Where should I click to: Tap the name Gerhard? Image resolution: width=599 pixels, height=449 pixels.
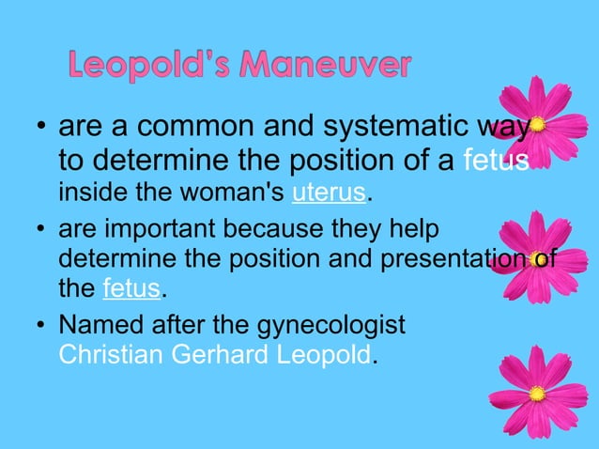pos(223,355)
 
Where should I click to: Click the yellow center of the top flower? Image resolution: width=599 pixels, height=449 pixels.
pos(538,124)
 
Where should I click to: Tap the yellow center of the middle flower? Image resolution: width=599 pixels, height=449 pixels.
pos(538,256)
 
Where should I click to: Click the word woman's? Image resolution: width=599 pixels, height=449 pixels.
pos(241,194)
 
